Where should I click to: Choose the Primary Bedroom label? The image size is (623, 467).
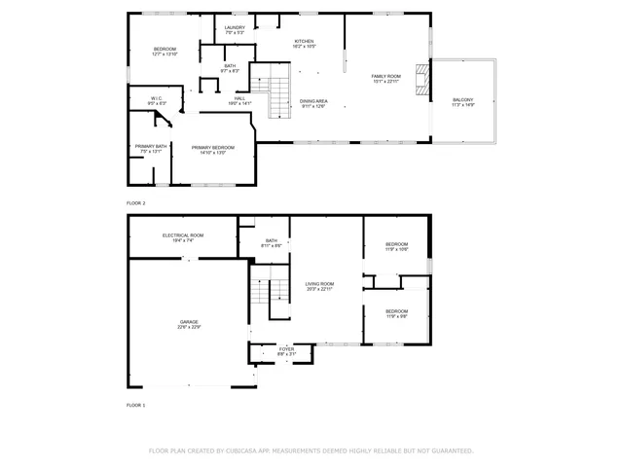click(212, 149)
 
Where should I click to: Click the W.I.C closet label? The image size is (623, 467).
click(157, 100)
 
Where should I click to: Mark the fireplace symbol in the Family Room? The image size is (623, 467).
click(421, 81)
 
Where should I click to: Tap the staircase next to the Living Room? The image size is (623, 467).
click(272, 291)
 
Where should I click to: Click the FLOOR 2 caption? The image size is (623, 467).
click(135, 203)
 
